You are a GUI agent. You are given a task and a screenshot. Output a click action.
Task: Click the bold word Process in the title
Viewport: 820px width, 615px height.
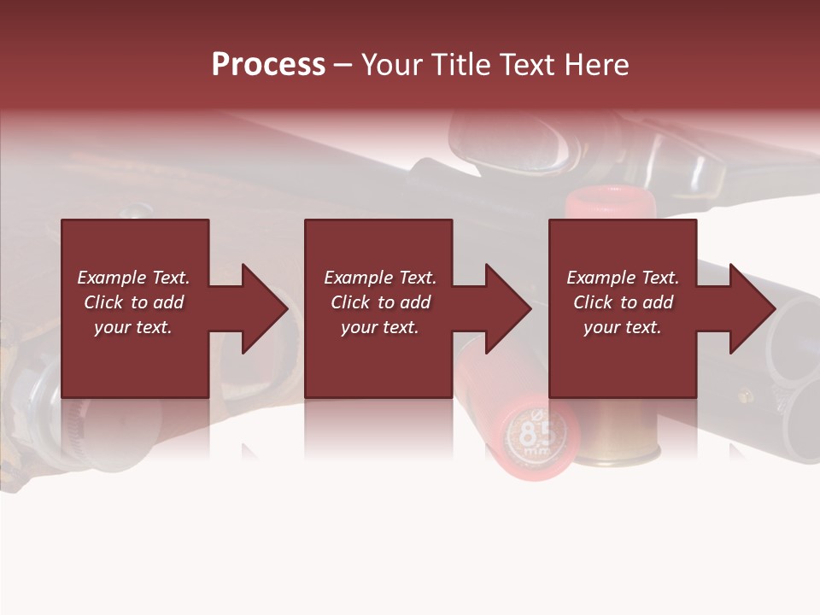coord(268,65)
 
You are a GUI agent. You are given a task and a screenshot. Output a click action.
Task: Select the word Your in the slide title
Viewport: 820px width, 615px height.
coord(389,65)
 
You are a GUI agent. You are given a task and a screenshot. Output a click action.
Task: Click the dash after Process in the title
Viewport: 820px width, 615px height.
coord(343,67)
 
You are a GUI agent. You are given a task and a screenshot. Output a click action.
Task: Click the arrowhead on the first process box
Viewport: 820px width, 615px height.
coord(266,308)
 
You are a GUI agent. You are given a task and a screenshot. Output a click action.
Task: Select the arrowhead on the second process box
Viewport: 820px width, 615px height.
coord(509,308)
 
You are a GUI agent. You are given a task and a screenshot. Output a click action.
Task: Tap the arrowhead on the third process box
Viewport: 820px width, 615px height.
coord(753,308)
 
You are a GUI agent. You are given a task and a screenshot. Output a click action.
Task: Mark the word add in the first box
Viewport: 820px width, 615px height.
coord(168,302)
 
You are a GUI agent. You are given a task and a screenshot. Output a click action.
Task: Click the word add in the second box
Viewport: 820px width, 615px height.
coord(415,302)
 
